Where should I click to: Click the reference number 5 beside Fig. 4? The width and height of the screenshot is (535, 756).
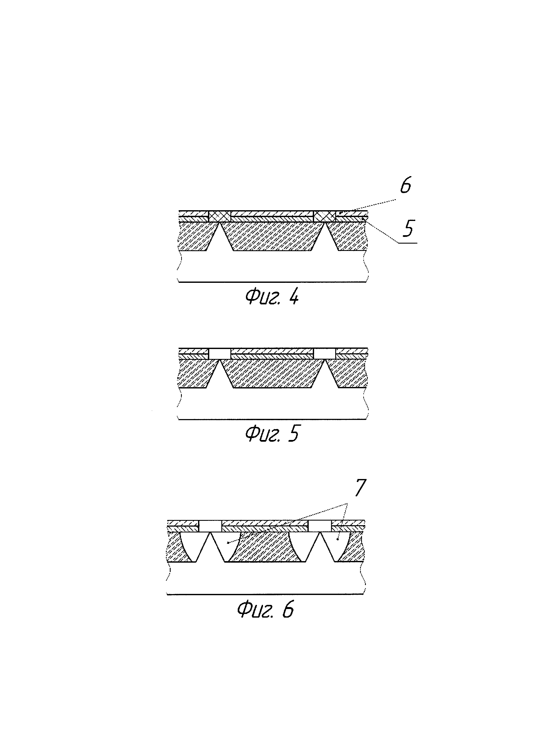point(408,228)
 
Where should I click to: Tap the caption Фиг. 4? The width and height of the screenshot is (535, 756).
point(272,297)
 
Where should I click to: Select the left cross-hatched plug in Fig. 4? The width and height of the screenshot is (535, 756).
point(220,217)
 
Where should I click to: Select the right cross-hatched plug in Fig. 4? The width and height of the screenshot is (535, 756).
point(324,217)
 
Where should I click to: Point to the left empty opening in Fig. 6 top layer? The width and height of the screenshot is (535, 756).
point(210,526)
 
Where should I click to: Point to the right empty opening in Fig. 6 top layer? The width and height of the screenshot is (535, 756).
point(319,526)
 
